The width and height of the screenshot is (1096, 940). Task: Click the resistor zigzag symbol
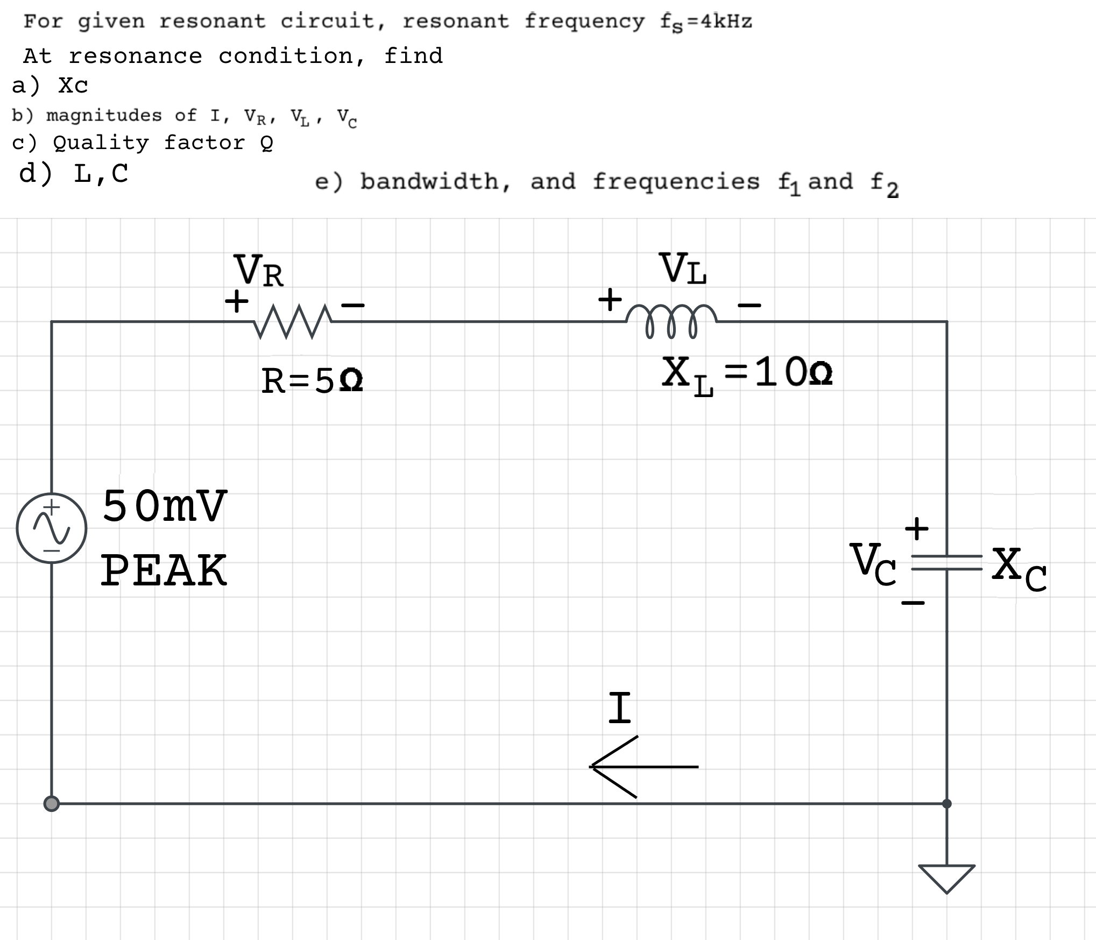point(293,322)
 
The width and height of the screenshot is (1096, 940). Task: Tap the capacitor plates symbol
point(946,562)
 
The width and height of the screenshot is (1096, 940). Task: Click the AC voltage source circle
point(52,528)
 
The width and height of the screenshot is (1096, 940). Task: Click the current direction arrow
point(643,767)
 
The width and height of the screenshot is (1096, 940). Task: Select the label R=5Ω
point(312,381)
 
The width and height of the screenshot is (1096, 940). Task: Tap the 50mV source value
point(165,506)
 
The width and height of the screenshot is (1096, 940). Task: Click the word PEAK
point(164,571)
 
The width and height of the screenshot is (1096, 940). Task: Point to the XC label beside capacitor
point(1019,569)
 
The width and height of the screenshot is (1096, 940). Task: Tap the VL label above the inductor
point(683,268)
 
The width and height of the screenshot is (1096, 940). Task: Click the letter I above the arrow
point(619,708)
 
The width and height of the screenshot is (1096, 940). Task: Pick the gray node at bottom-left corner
point(51,804)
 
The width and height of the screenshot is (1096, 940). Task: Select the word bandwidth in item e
point(435,181)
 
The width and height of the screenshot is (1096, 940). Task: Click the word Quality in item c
point(101,143)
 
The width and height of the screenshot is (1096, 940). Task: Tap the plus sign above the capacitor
point(916,528)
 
